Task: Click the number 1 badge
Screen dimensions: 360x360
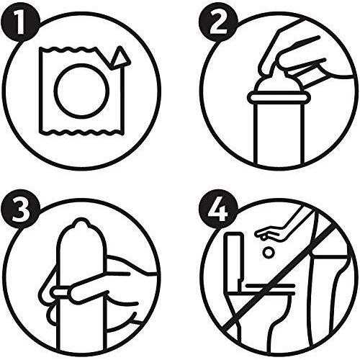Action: (x=19, y=24)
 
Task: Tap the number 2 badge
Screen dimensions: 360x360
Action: (x=218, y=24)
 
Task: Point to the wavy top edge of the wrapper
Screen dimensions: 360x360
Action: (x=70, y=50)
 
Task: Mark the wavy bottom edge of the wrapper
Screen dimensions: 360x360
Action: (x=80, y=132)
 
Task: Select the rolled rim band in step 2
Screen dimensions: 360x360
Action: (x=279, y=97)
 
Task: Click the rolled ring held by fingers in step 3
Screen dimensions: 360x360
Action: (x=60, y=292)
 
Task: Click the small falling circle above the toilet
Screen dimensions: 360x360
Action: (x=269, y=253)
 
